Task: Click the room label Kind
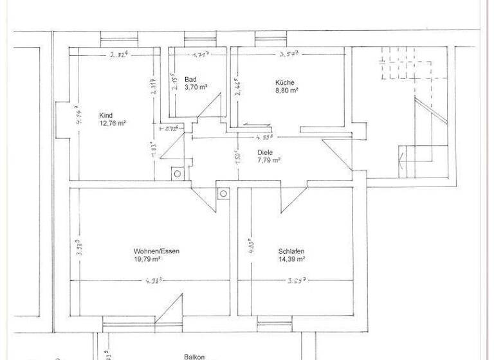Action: [106, 114]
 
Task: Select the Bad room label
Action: [190, 79]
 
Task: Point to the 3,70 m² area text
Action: [196, 87]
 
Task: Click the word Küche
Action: [285, 82]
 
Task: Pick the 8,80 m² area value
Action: [286, 91]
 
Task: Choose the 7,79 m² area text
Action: [269, 161]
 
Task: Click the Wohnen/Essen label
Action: [152, 251]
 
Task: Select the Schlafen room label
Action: [291, 251]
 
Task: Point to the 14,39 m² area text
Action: [291, 259]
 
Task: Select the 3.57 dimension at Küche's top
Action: [290, 55]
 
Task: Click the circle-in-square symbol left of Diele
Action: [177, 174]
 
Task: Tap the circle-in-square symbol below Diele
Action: [223, 192]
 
